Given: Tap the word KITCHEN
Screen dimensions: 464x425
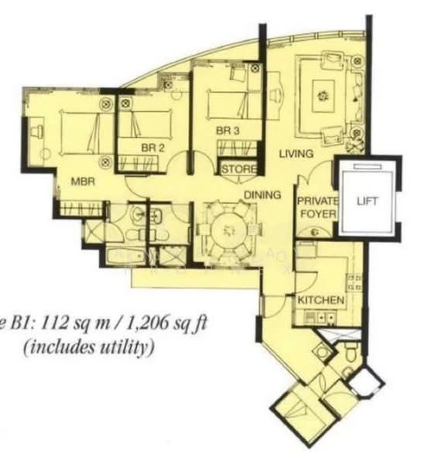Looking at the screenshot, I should point(320,299).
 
